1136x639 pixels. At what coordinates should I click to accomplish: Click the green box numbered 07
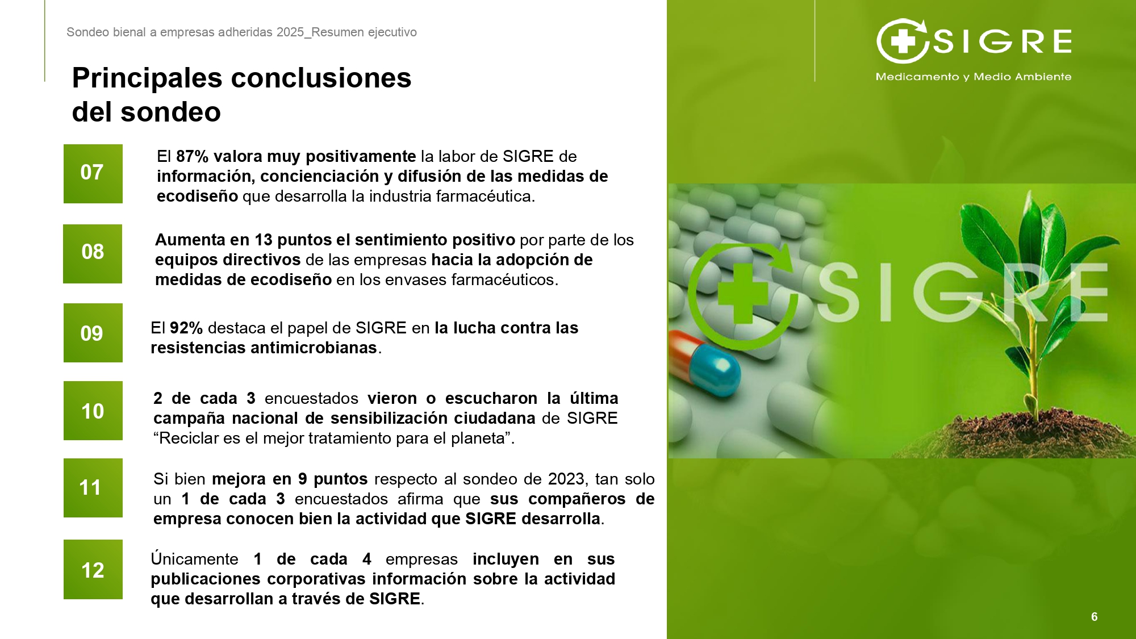point(93,174)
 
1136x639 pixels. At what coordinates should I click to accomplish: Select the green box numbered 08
point(93,253)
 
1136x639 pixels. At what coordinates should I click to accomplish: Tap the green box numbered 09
point(93,333)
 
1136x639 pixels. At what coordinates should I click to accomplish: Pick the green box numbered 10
point(93,411)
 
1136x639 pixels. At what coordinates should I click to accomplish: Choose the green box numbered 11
point(93,488)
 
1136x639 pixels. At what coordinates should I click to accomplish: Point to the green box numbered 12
point(93,569)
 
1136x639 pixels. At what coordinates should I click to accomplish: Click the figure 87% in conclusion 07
point(193,156)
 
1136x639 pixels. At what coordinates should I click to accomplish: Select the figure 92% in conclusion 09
point(186,328)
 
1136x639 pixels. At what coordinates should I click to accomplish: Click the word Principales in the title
point(147,79)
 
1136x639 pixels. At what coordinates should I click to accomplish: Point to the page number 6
point(1095,617)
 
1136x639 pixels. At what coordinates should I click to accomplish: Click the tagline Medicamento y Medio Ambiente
point(974,77)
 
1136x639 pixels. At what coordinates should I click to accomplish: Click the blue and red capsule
point(705,364)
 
